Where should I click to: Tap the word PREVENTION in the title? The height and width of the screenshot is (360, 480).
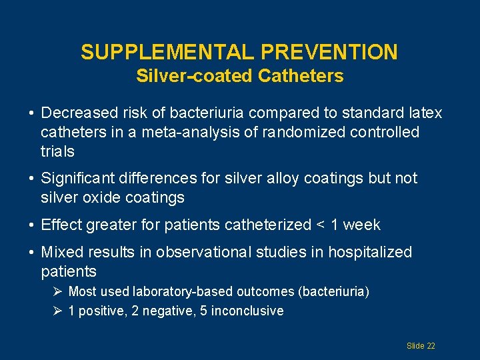point(330,52)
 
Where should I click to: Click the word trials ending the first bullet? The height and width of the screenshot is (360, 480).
point(57,151)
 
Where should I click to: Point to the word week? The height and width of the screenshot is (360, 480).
point(361,225)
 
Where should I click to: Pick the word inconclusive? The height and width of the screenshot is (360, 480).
point(247,311)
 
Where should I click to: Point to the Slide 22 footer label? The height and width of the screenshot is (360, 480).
point(421,346)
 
